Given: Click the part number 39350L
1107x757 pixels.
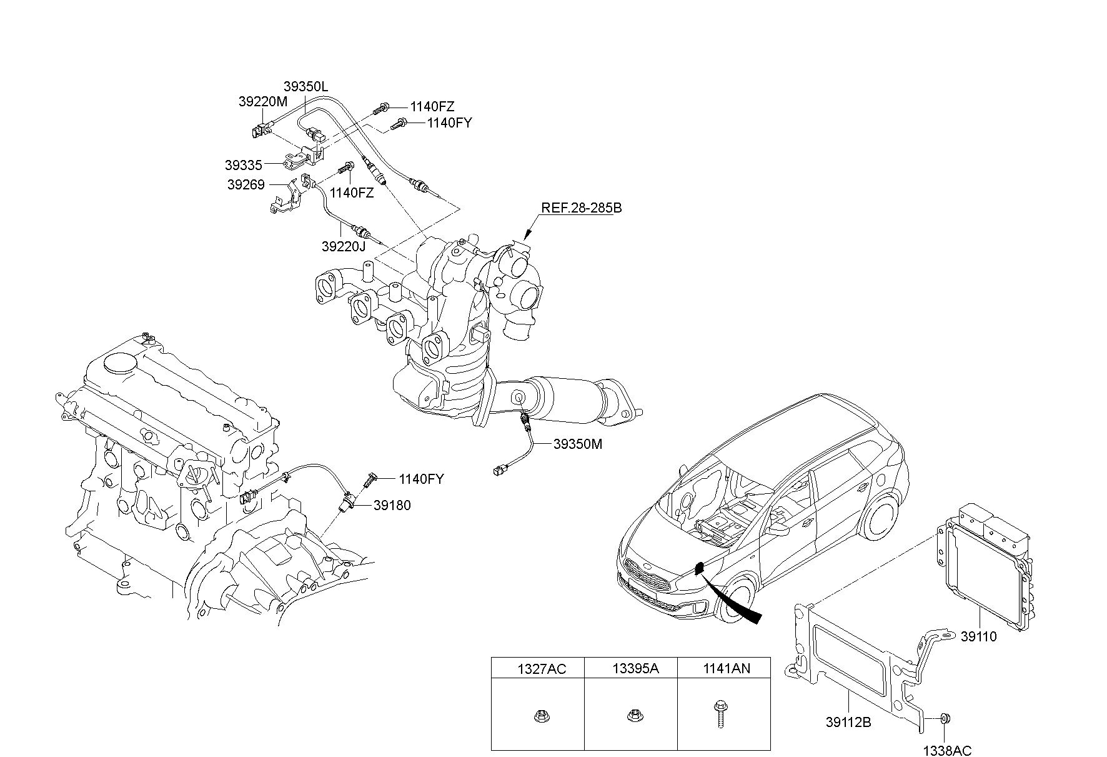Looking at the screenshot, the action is point(305,87).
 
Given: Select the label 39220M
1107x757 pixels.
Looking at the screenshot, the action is point(263,101).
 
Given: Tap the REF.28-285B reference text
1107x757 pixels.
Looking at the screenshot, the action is point(581,208).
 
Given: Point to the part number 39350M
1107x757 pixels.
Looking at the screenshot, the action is point(578,444).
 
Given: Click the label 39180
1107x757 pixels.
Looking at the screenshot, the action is point(392,505).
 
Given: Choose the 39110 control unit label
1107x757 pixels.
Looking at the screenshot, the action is point(978,637).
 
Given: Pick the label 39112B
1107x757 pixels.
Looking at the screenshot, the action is point(848,723).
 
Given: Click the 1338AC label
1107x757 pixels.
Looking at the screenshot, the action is point(948,751).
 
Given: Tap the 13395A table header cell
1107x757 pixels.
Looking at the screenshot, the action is point(631,669).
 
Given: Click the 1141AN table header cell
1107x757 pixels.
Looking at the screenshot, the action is point(724,669).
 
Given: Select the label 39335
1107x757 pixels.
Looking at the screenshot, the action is point(244,165).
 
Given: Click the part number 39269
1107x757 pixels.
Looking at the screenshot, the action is point(246,185).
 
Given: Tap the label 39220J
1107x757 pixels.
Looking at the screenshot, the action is point(344,246).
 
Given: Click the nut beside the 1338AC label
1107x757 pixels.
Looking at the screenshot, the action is point(945,719).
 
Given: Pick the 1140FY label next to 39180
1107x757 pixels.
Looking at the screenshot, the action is point(422,479).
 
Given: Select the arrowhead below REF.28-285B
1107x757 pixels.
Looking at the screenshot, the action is point(525,235).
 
